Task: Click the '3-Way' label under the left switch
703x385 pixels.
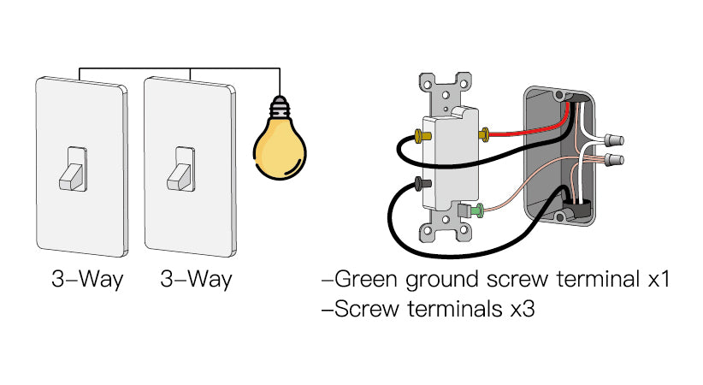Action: tap(86, 279)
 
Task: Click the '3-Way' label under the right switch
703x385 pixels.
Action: tap(196, 279)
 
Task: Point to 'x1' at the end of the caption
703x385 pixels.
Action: tap(656, 279)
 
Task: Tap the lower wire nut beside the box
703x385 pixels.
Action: tap(612, 160)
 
